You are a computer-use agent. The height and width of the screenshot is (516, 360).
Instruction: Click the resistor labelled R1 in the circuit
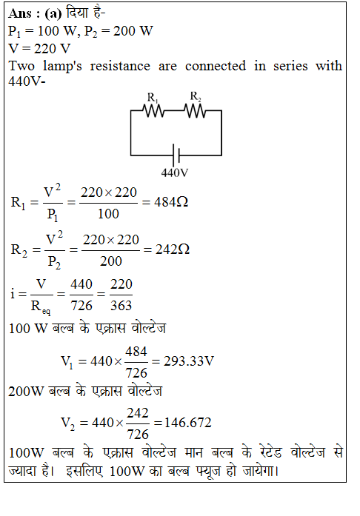tap(153, 111)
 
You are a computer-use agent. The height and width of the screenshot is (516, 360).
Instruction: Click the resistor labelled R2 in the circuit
tap(195, 111)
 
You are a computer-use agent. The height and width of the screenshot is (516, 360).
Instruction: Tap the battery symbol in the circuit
tap(176, 155)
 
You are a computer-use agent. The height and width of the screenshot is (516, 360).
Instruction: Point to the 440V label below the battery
tap(175, 172)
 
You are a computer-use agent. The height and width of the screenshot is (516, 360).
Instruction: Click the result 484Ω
tap(171, 201)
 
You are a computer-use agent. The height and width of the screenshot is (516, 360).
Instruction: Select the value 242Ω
tap(173, 249)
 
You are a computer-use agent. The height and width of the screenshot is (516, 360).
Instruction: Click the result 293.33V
tap(189, 361)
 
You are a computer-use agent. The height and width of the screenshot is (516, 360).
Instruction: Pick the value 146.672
tap(187, 423)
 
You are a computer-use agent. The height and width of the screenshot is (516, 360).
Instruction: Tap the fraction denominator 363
tap(121, 306)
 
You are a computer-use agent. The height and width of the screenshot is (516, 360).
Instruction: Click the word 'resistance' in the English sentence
tap(120, 66)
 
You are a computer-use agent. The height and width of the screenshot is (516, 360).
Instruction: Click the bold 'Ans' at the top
tap(20, 14)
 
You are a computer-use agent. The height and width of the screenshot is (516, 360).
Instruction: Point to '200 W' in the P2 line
tap(133, 31)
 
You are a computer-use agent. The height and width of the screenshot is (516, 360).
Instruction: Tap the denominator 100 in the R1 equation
tap(108, 214)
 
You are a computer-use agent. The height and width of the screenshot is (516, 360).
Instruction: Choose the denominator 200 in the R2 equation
tap(111, 261)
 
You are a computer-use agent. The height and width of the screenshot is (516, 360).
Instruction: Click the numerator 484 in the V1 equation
tap(136, 352)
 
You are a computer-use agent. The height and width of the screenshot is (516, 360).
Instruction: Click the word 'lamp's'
tap(62, 67)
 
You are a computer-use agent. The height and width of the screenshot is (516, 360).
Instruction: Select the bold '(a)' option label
tap(53, 14)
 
